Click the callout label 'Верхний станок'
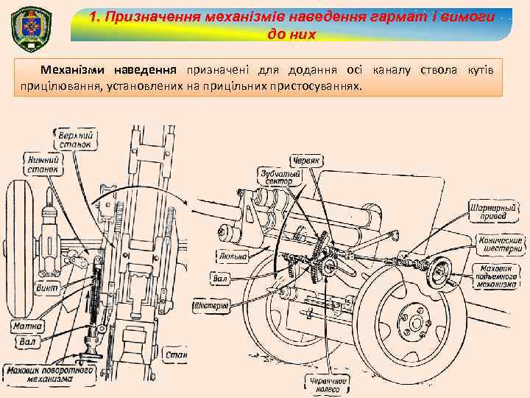pos(76,139)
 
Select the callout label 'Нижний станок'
pos(44,164)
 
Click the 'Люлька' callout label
pos(233,256)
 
